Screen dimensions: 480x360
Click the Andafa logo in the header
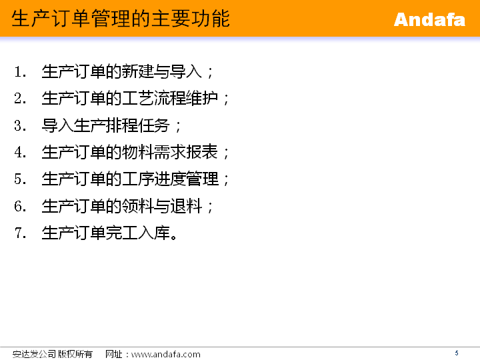(429, 19)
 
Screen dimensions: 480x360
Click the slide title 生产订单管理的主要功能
(121, 19)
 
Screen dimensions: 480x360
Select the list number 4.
(20, 153)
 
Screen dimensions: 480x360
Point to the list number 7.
(20, 233)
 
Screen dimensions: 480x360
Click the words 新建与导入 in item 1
(161, 71)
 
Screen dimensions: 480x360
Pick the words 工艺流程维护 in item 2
(170, 99)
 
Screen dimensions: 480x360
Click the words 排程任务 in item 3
(138, 125)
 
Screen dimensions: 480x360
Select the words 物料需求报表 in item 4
(170, 152)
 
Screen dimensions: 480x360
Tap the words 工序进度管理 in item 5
(170, 179)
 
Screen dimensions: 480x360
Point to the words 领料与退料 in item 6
(161, 206)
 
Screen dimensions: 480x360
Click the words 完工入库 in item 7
(138, 233)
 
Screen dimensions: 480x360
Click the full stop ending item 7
(174, 237)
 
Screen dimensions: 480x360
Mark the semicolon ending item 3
(178, 127)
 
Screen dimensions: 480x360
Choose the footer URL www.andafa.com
(165, 355)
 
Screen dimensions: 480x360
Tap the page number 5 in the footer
(457, 353)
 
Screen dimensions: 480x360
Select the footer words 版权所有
(75, 354)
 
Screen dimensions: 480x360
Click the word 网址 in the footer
(114, 354)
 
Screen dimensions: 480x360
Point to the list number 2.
(20, 99)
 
